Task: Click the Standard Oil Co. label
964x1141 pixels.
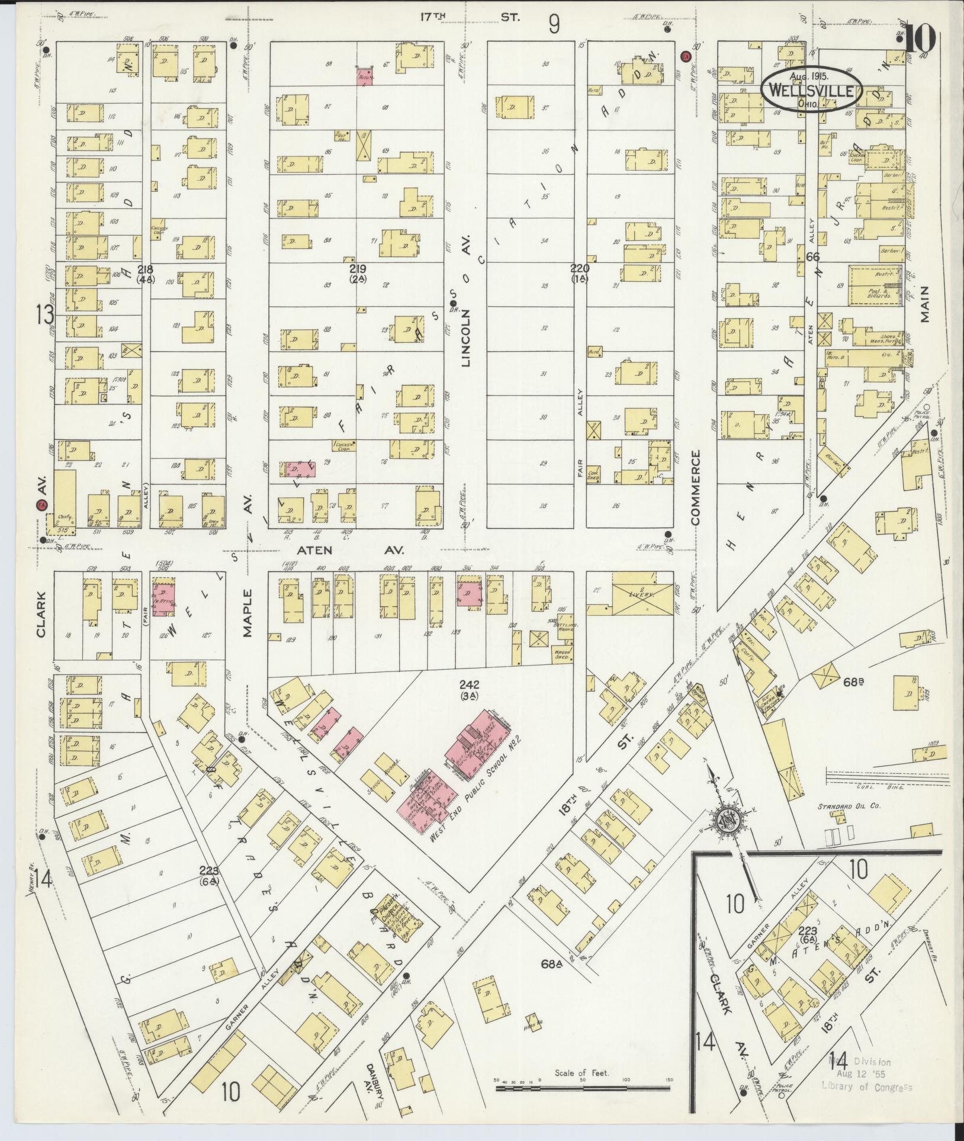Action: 847,807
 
